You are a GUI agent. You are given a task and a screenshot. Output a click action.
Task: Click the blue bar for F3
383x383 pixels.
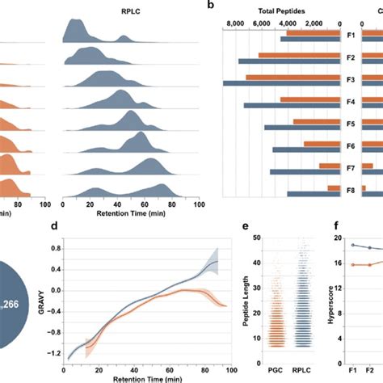pyautogui.click(x=281, y=83)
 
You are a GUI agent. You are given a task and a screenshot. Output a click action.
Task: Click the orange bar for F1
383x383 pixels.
pyautogui.click(x=313, y=33)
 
